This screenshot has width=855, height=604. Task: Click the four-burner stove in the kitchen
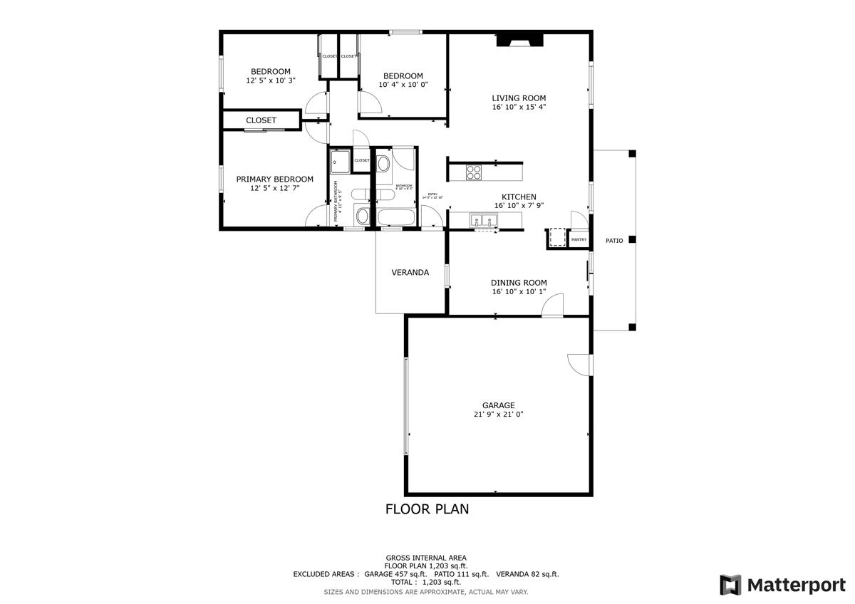(474, 172)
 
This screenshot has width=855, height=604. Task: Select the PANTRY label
(579, 240)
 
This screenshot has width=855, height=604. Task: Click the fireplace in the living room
(519, 41)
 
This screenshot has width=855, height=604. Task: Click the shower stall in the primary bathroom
(340, 162)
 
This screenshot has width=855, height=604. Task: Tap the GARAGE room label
(498, 405)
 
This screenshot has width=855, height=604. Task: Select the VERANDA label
(410, 272)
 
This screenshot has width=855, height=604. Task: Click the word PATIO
(614, 241)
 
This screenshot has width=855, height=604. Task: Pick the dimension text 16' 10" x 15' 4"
(519, 108)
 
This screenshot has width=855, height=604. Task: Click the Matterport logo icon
(730, 585)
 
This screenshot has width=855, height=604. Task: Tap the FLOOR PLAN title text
(427, 509)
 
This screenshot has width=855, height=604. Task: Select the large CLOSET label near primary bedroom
(261, 120)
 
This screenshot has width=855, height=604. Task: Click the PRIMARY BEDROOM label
(274, 179)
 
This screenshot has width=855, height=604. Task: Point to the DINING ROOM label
(519, 283)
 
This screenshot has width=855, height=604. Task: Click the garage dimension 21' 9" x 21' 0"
(498, 415)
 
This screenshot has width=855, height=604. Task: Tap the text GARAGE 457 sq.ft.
(395, 574)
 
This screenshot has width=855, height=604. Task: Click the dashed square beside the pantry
(557, 237)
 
